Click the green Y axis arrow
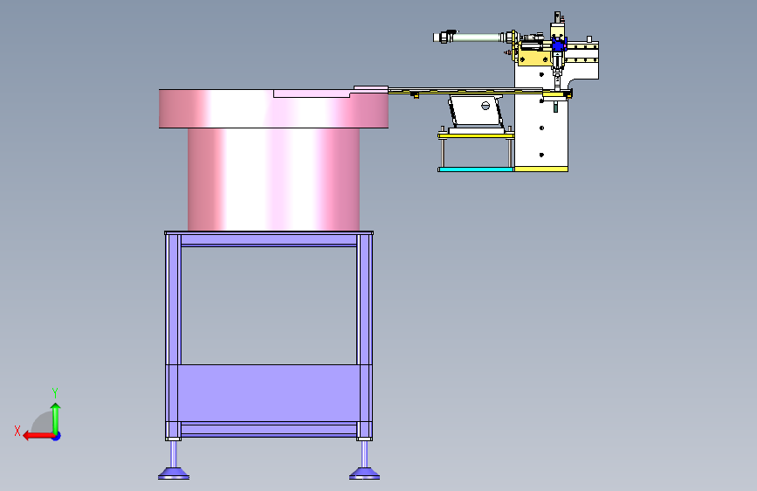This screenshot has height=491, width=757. tap(56, 418)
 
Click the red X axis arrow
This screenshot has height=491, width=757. tap(39, 435)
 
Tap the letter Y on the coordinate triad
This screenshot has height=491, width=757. tap(55, 393)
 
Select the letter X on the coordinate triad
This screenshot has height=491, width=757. tap(17, 431)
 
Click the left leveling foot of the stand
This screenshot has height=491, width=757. tap(174, 473)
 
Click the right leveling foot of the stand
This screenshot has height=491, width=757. tap(364, 473)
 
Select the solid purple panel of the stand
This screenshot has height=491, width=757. tap(269, 393)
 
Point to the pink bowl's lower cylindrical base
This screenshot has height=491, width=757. tap(274, 179)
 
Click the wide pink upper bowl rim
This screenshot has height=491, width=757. tap(274, 108)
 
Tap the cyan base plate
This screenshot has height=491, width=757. tap(476, 169)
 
